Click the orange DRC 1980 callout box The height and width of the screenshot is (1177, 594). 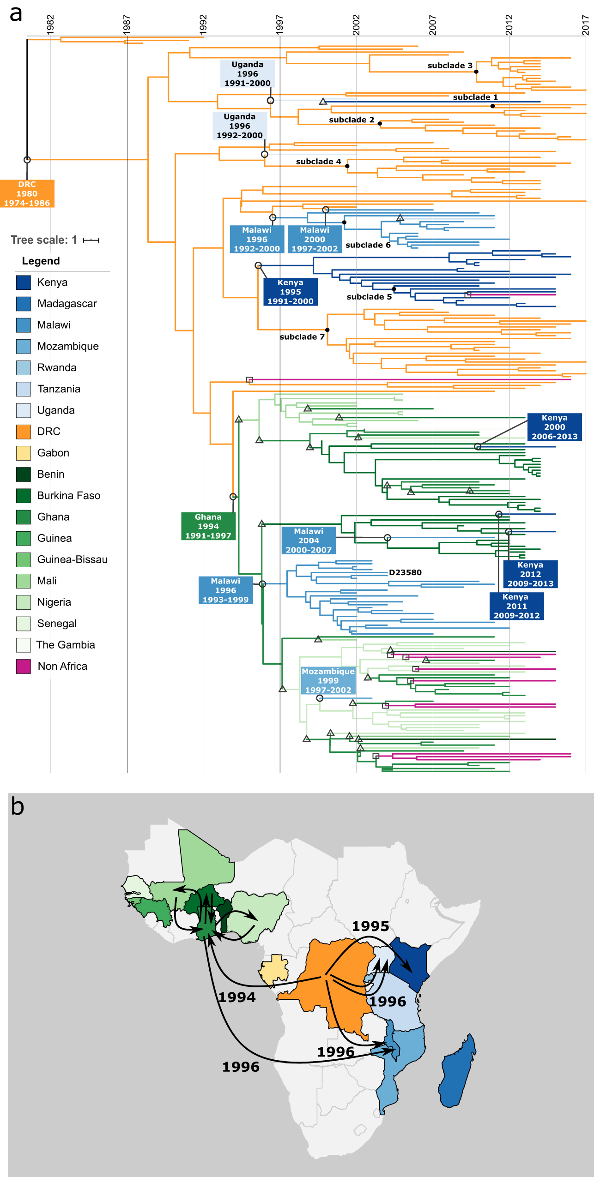point(27,193)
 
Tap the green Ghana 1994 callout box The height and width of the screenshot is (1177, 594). point(208,526)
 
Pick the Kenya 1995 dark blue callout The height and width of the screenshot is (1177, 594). point(290,292)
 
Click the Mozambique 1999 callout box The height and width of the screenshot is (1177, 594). point(328,680)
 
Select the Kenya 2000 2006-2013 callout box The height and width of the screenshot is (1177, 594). point(554,427)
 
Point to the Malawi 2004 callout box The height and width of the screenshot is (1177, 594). point(309,540)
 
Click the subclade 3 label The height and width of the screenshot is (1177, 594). point(450,66)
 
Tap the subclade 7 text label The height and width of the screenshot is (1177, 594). point(302,337)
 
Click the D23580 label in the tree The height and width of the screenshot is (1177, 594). point(405,572)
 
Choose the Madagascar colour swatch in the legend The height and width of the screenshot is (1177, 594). point(24,304)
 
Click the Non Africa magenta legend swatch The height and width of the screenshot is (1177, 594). point(24,666)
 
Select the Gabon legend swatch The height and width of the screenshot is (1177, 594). point(24,453)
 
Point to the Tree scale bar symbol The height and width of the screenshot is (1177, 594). point(91,240)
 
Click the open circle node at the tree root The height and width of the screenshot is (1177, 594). point(27,160)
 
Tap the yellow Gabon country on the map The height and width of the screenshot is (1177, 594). point(273,970)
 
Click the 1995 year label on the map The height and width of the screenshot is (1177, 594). point(370,926)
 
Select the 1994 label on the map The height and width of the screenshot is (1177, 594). point(237,997)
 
